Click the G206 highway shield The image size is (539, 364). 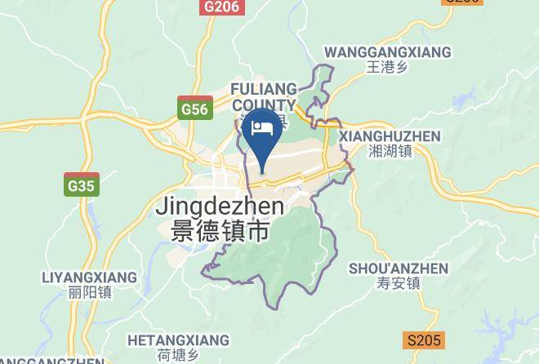[x=222, y=7]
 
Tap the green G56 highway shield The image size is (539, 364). [x=195, y=109]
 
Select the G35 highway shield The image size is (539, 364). [x=82, y=186]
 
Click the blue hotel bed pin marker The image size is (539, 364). [x=262, y=134]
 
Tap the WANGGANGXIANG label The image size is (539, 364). [x=387, y=52]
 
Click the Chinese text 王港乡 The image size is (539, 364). [x=387, y=68]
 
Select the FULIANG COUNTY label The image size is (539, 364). [x=263, y=96]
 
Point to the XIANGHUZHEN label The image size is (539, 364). [x=389, y=136]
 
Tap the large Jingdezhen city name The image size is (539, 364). [x=220, y=206]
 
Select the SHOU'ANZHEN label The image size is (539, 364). [x=399, y=269]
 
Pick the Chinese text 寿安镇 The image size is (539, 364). [x=399, y=284]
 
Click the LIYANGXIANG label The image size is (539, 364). [x=90, y=277]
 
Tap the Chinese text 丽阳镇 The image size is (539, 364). [x=91, y=292]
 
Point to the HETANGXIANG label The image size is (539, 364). [x=179, y=340]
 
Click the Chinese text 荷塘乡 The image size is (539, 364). [x=179, y=354]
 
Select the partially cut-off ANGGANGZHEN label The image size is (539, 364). [x=52, y=359]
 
